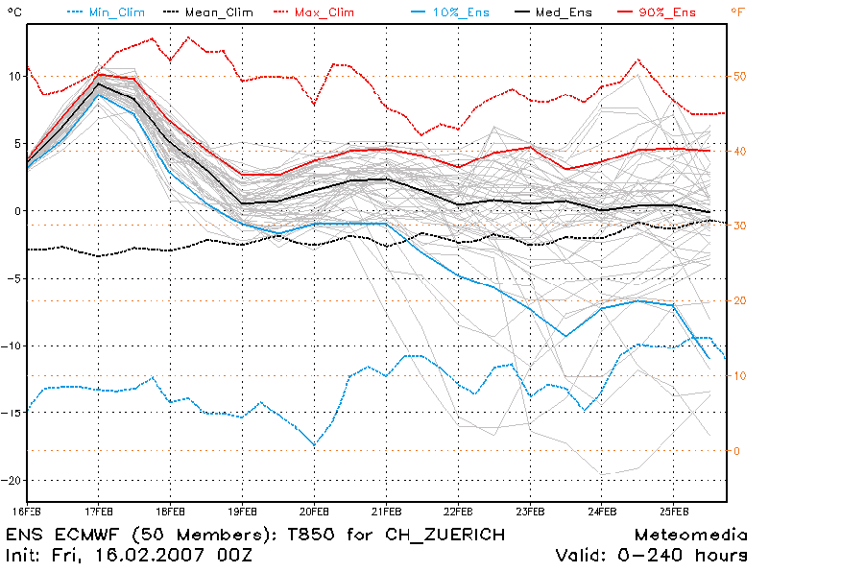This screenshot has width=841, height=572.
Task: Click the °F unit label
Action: [736, 12]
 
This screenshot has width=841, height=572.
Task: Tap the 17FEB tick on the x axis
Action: [98, 511]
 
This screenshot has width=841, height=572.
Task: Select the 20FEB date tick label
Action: [314, 511]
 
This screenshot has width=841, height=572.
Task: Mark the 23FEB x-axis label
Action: [530, 511]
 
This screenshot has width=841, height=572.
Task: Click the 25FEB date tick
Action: [674, 511]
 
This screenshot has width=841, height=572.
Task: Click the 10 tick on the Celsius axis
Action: [12, 76]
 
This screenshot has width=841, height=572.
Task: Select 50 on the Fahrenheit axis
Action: [740, 76]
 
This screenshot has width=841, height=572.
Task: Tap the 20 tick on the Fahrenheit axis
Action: [740, 300]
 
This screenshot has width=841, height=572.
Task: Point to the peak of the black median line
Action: [98, 83]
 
